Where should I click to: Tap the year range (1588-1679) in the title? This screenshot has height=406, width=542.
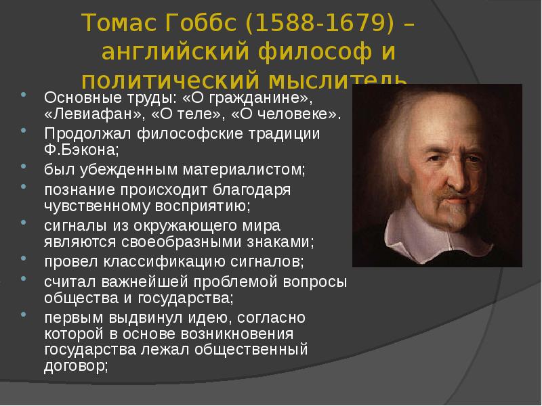pyautogui.click(x=319, y=23)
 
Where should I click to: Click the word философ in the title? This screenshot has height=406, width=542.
pyautogui.click(x=315, y=52)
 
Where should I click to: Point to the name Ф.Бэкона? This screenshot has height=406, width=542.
pyautogui.click(x=81, y=150)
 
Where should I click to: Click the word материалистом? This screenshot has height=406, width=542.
pyautogui.click(x=244, y=170)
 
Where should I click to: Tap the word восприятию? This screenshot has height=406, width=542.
pyautogui.click(x=203, y=206)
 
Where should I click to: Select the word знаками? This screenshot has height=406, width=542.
pyautogui.click(x=280, y=242)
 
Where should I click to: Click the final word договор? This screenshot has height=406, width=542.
pyautogui.click(x=76, y=365)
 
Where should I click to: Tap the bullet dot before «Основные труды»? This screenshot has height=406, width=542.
pyautogui.click(x=24, y=94)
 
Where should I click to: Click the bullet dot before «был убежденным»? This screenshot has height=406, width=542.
pyautogui.click(x=24, y=166)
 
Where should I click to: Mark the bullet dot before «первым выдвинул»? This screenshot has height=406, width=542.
pyautogui.click(x=24, y=315)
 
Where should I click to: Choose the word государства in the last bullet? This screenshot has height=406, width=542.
pyautogui.click(x=90, y=350)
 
